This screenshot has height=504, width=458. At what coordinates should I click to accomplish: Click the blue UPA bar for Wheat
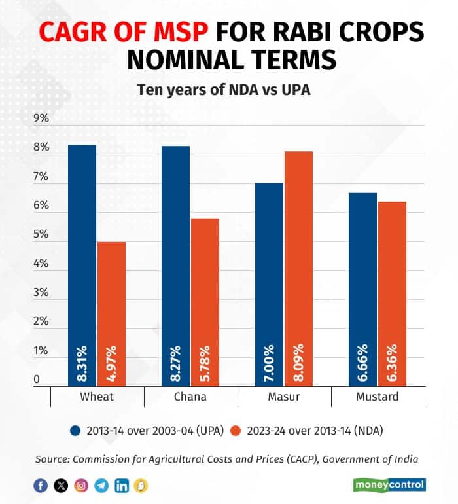(x=82, y=262)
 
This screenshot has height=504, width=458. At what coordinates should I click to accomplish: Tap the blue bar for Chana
(x=175, y=262)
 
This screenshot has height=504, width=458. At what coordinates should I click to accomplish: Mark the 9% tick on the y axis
(x=41, y=118)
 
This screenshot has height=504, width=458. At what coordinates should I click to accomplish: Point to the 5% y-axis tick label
(x=41, y=234)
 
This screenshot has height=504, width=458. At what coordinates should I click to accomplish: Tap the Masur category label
(x=284, y=397)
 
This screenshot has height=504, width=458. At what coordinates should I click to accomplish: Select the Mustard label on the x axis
(x=378, y=397)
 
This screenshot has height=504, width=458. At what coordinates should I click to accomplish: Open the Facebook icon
(x=40, y=485)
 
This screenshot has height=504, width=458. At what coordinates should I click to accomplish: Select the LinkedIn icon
(x=122, y=485)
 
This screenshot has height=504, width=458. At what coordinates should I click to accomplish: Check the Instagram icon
(x=81, y=485)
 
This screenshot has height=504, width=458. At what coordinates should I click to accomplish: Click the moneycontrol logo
(x=390, y=485)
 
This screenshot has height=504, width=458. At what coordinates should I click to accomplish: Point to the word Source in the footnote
(x=52, y=459)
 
